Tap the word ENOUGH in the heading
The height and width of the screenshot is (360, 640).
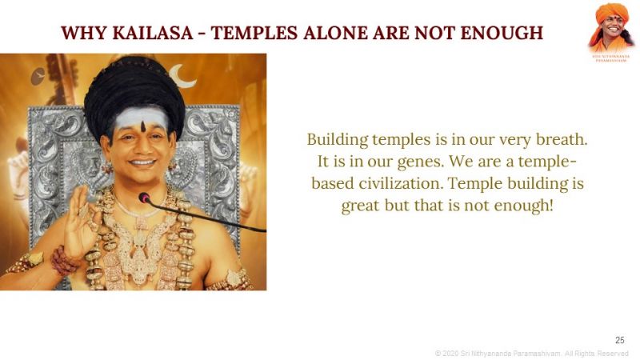(x=505, y=33)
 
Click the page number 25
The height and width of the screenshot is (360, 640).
(x=619, y=340)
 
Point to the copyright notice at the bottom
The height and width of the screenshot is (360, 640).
(x=531, y=353)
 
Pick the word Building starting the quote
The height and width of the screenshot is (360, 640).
(x=334, y=138)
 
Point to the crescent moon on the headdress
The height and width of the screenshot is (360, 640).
(x=186, y=78)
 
